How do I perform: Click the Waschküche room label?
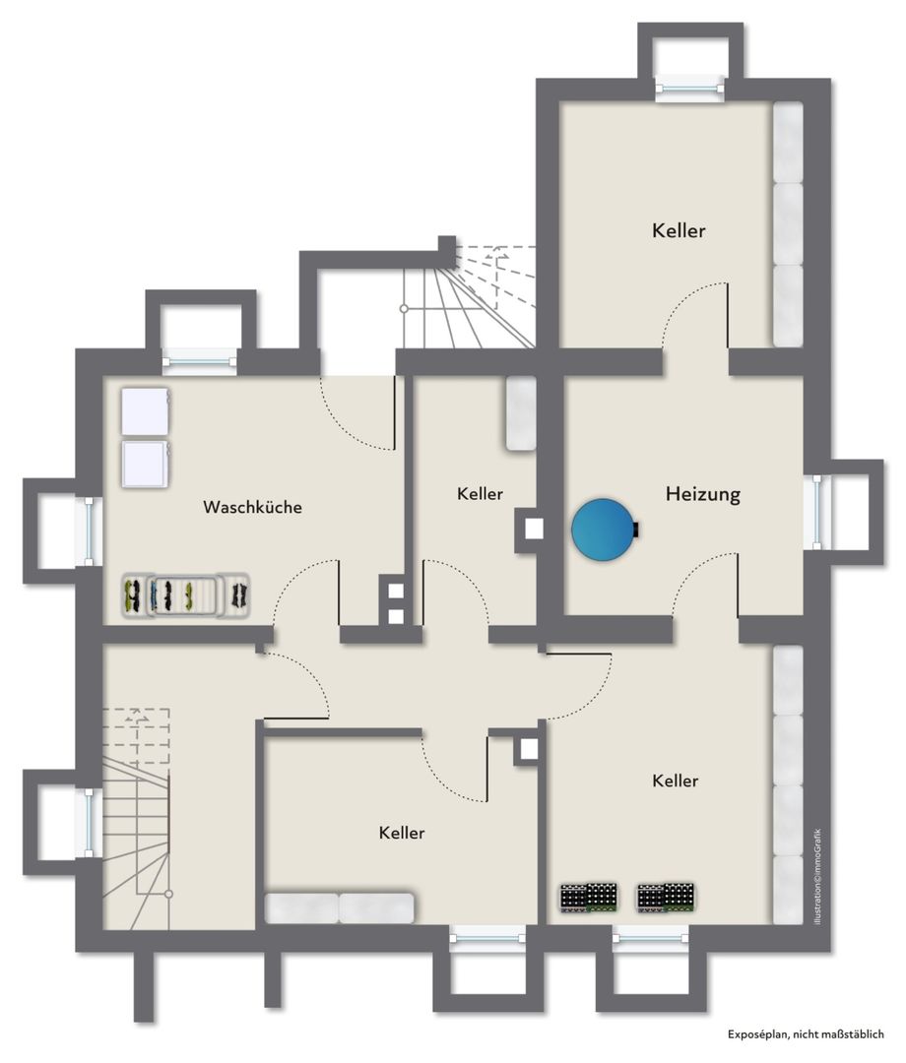click(x=252, y=507)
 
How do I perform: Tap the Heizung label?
click(x=702, y=493)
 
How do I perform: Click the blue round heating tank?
click(x=604, y=529)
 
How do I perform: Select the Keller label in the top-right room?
click(x=679, y=230)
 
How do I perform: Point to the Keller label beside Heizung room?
click(x=481, y=493)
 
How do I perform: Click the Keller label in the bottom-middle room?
click(x=402, y=833)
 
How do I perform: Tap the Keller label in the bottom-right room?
click(x=675, y=781)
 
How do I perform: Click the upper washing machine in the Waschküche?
click(x=145, y=410)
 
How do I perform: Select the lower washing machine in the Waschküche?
click(x=145, y=464)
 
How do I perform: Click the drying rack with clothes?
click(x=186, y=595)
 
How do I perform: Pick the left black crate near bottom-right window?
click(x=589, y=898)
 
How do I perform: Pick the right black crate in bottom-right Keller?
click(x=666, y=898)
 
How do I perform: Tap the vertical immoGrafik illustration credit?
click(x=818, y=877)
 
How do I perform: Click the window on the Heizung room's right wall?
click(x=817, y=512)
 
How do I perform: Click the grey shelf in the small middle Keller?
click(x=521, y=412)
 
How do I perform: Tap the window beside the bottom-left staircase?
click(x=89, y=822)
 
